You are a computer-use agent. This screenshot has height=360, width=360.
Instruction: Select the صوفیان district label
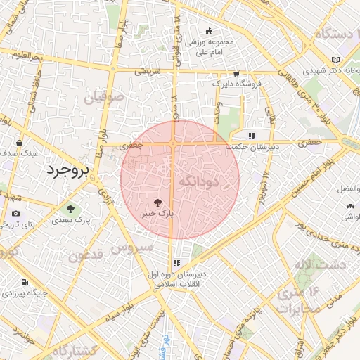pyautogui.click(x=107, y=96)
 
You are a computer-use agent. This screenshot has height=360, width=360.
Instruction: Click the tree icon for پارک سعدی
pyautogui.click(x=70, y=208)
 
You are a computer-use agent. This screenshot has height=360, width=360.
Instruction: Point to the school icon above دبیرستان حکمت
pyautogui.click(x=251, y=136)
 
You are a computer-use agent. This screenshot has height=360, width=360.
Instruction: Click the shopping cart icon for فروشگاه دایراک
pyautogui.click(x=236, y=72)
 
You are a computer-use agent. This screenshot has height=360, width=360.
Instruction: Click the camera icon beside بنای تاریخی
pyautogui.click(x=15, y=214)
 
